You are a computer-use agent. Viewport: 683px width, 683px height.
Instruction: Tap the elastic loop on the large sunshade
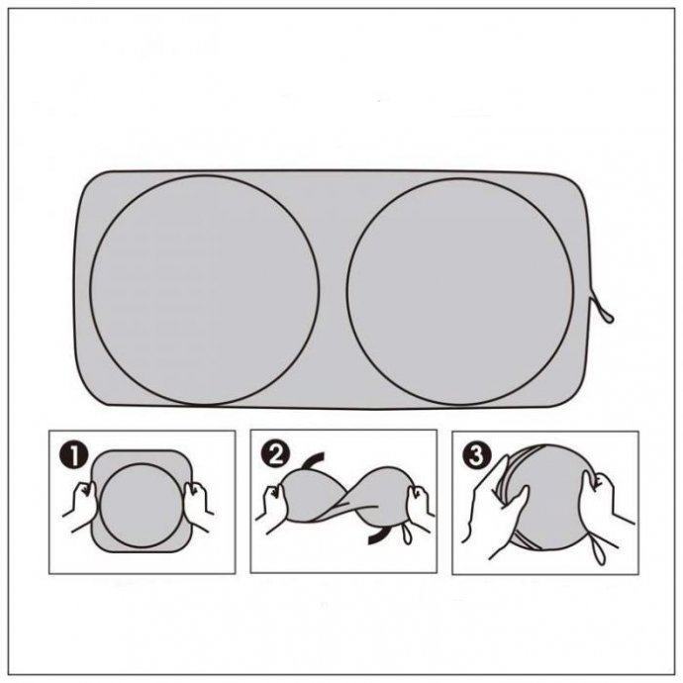point(603,309)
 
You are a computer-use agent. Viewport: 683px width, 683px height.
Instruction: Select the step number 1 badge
point(75,455)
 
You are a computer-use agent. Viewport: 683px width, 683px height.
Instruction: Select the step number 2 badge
point(275,454)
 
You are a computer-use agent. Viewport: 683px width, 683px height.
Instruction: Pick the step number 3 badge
point(477,455)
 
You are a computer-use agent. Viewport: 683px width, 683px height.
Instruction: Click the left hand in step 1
point(80,506)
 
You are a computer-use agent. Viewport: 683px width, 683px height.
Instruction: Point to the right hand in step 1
point(197,505)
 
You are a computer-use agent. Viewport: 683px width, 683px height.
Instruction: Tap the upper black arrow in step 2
point(314,458)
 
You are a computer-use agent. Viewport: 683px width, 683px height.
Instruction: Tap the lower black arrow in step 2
point(378,537)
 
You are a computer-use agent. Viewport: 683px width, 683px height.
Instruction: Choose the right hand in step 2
point(419,508)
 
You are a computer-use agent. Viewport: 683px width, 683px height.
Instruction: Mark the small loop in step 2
point(407,534)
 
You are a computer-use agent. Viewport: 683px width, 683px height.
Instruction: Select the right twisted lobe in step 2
point(383,490)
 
